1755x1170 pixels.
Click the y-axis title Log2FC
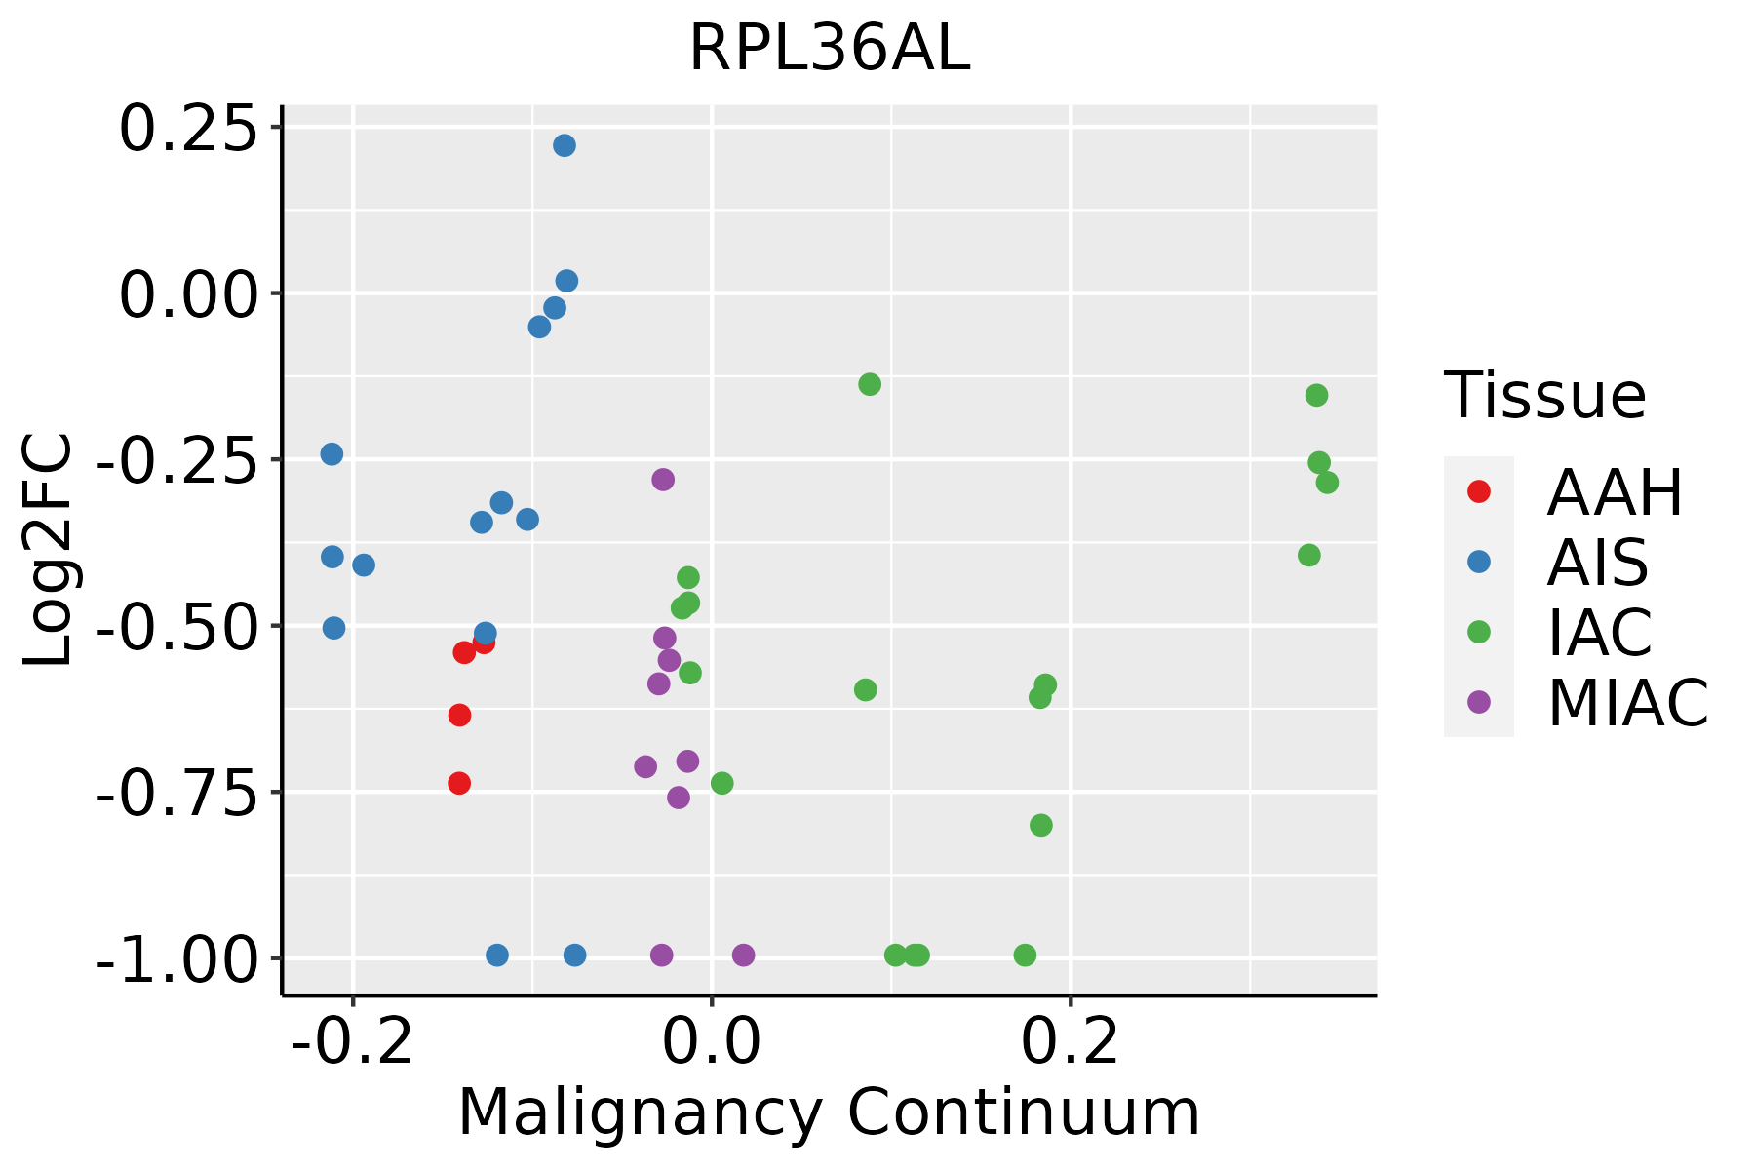(x=49, y=551)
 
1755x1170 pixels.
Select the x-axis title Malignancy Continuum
(x=829, y=1112)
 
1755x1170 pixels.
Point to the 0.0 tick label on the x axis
(x=712, y=1042)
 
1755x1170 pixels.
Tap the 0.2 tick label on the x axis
(x=1071, y=1042)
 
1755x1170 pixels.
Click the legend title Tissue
(x=1545, y=396)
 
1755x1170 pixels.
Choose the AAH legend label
(x=1615, y=492)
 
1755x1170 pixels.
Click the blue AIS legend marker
(x=1479, y=562)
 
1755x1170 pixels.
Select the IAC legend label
(x=1600, y=632)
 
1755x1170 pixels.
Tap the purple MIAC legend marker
(x=1479, y=702)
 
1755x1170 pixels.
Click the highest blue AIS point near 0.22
(x=565, y=146)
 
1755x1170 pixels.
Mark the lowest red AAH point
(x=459, y=783)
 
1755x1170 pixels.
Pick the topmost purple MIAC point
(x=663, y=480)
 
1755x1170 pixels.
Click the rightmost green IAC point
(x=1327, y=483)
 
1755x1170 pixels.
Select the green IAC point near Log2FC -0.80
(x=1041, y=826)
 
